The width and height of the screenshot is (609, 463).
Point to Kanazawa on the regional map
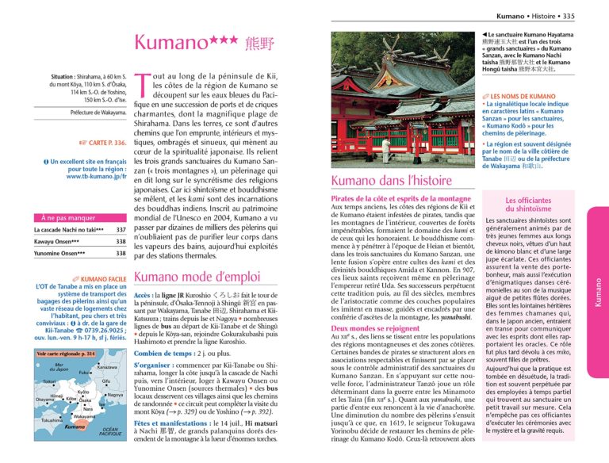(107, 367)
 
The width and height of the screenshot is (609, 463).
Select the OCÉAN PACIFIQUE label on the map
(110, 432)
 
